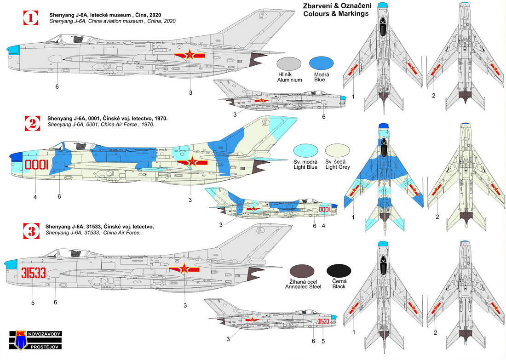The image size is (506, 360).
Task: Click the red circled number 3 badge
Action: click(x=30, y=229)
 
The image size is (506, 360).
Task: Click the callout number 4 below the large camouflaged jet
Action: click(x=35, y=197)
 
